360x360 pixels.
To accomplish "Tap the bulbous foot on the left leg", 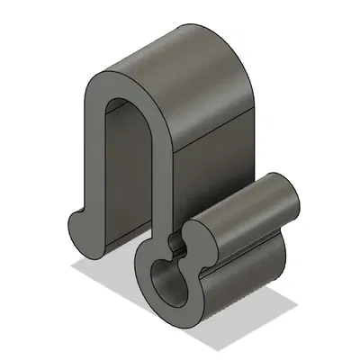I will coord(82,226).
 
